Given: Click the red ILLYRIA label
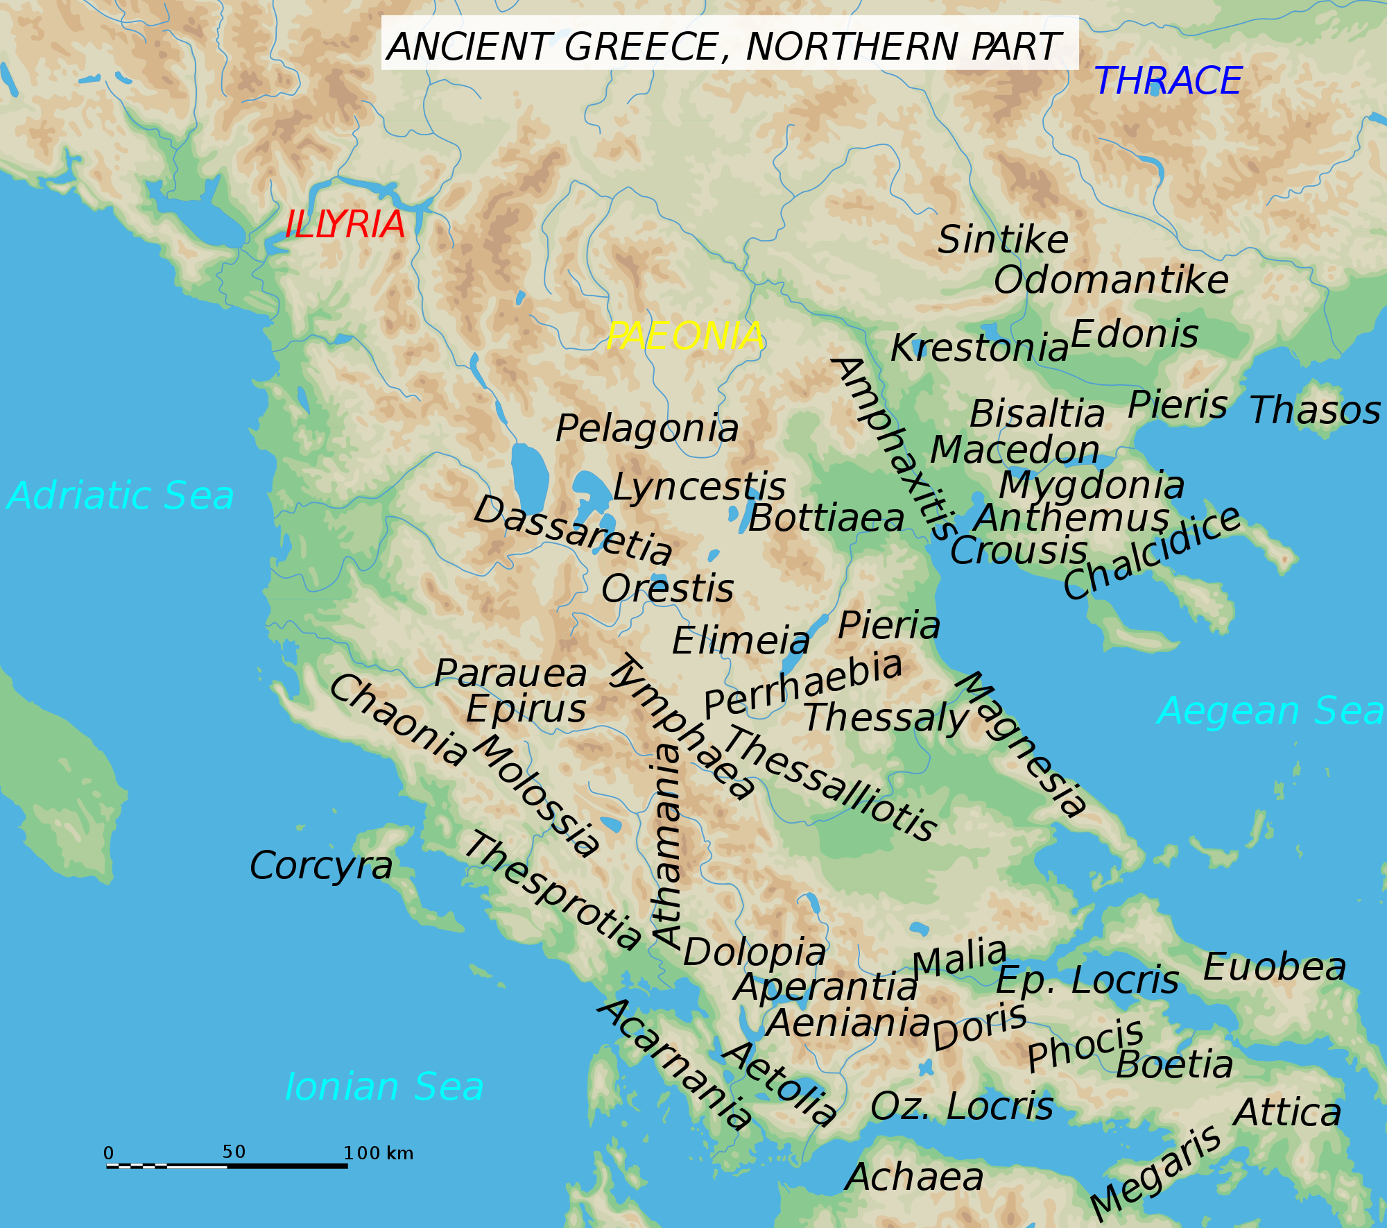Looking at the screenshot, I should coord(345,225).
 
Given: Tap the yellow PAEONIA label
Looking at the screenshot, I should coord(684,336).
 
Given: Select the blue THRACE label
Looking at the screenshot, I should coord(1168,81).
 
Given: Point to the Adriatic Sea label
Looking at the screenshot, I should coord(121,496).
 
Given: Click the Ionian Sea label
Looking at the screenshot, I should coord(384,1086).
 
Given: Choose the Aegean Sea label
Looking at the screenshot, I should coord(1270,711).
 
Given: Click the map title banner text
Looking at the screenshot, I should coord(723,47).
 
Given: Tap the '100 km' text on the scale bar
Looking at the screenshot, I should coord(379,1154).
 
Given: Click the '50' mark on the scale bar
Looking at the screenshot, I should coord(234,1152).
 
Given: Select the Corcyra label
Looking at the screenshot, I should coord(321,866).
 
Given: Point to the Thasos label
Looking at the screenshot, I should coord(1315,410).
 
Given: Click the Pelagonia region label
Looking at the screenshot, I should coord(647,429).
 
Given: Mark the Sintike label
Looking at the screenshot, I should coord(1003,240).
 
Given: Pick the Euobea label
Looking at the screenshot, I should coord(1275,967).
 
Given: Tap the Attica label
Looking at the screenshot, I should coord(1288,1113).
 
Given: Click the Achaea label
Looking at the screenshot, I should coord(915,1177).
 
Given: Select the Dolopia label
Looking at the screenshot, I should coord(755,952).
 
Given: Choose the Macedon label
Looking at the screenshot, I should coord(1015,450).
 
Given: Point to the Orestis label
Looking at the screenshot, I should coord(667,589).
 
